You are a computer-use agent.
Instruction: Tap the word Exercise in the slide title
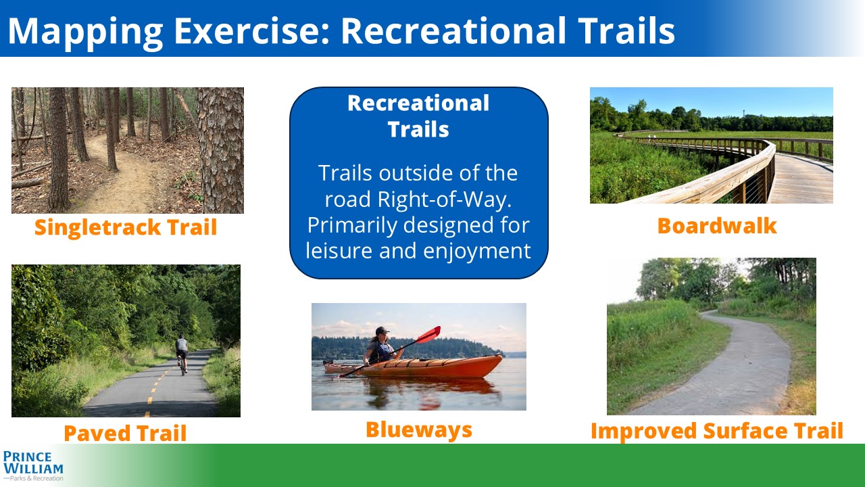(251, 31)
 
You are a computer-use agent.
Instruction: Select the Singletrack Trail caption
(126, 228)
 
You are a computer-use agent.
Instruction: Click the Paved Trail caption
(125, 433)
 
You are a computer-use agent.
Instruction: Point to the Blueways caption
(419, 430)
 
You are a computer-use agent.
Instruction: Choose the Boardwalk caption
(717, 226)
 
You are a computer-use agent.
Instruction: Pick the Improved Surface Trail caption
(717, 431)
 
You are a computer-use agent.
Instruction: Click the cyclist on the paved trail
(182, 354)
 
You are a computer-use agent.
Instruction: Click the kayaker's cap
(382, 331)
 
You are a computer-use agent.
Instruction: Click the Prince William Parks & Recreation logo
(33, 466)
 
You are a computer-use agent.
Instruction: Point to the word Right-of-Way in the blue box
(445, 200)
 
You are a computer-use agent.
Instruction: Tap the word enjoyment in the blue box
(477, 252)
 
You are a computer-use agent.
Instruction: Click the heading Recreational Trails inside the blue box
(418, 116)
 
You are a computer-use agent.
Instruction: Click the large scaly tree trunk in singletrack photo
(220, 150)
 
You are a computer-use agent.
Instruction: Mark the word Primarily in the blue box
(352, 226)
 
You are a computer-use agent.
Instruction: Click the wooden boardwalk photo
(712, 145)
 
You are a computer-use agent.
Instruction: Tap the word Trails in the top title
(626, 31)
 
